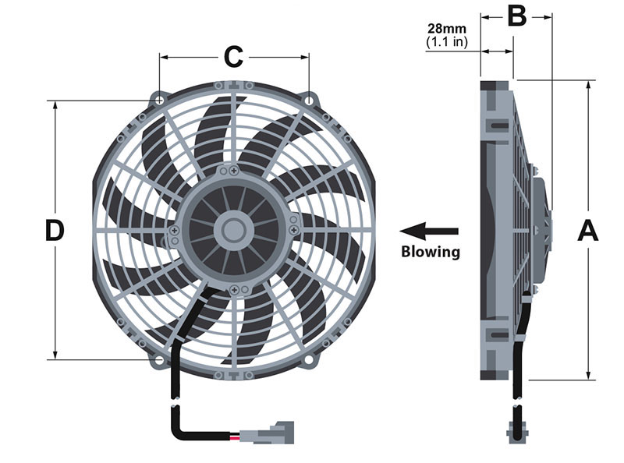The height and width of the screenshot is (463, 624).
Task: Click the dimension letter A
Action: tap(588, 230)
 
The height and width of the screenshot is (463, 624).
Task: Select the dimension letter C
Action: tap(233, 57)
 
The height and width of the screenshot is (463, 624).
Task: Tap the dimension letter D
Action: tap(55, 230)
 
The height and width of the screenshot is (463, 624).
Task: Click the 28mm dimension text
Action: tap(446, 29)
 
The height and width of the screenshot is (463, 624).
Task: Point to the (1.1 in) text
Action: tap(446, 42)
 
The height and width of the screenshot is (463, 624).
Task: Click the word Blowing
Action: tap(431, 252)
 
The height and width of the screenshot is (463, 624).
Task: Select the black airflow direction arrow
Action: tap(429, 231)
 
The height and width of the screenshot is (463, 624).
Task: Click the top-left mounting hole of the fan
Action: tap(159, 100)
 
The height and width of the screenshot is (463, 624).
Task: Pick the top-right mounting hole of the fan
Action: tap(309, 100)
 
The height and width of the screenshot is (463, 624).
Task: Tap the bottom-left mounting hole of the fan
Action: tap(159, 360)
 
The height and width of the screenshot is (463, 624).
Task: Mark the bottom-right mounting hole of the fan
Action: tap(309, 360)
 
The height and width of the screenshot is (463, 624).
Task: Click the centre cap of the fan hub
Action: tap(233, 230)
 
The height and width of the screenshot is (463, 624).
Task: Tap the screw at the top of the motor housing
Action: tap(234, 171)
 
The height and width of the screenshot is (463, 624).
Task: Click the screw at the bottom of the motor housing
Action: tap(234, 290)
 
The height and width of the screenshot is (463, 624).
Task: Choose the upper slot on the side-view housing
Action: tap(498, 126)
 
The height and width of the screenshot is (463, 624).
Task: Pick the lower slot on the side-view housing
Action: tap(498, 335)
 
